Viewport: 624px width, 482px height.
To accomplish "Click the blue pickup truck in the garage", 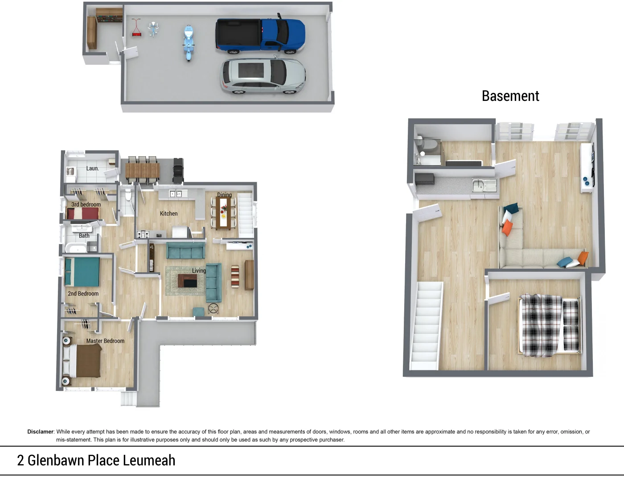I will click(x=260, y=36).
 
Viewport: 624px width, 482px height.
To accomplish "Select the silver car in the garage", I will click(x=263, y=76).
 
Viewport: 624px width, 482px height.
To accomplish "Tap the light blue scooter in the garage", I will click(x=189, y=42).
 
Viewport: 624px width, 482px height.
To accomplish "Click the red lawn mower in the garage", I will click(x=136, y=28).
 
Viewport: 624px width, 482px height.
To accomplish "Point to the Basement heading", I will click(x=510, y=96).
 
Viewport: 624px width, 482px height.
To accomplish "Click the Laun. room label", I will click(x=92, y=168).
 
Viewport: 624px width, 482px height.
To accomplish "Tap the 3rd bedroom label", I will click(x=86, y=204).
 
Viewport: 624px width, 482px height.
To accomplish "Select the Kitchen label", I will click(x=168, y=214).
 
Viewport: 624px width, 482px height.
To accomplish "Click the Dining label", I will click(x=224, y=195).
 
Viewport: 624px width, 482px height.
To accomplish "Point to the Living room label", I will click(x=199, y=270).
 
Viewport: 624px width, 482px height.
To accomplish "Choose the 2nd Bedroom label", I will click(x=83, y=294).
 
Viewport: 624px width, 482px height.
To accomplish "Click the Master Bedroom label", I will click(x=105, y=341).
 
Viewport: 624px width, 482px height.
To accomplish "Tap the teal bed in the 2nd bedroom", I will click(x=82, y=272).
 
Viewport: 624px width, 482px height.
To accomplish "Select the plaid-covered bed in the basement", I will click(x=550, y=325).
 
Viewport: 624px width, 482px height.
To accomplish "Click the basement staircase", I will click(x=427, y=326).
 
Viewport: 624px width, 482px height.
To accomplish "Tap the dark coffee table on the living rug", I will click(x=187, y=281).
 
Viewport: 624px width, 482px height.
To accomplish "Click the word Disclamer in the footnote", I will click(x=40, y=432).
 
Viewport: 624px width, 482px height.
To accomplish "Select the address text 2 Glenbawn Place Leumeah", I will click(x=96, y=461).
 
